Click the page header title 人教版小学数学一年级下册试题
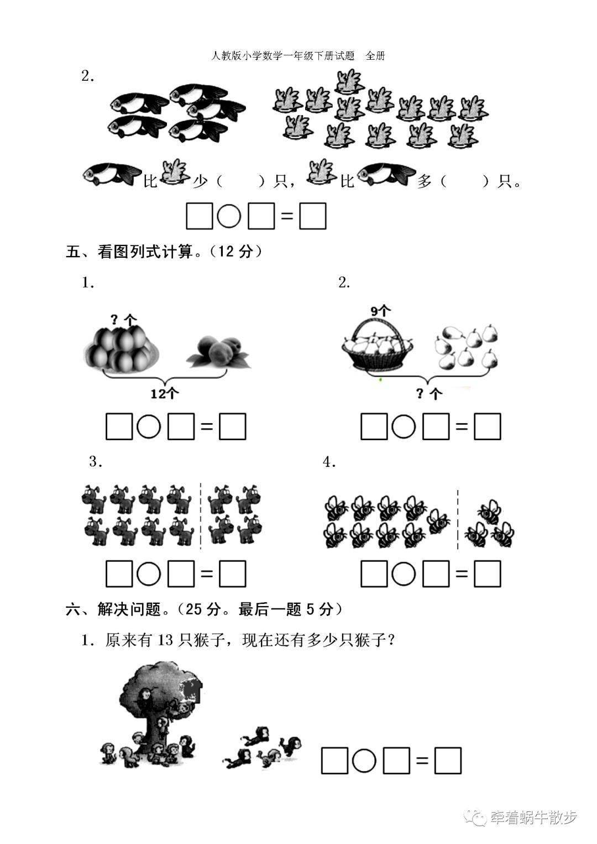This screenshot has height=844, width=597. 282,56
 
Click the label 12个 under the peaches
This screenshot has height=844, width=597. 165,393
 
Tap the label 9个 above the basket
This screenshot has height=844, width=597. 380,311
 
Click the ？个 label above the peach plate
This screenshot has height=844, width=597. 123,319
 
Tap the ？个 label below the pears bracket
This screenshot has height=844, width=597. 429,393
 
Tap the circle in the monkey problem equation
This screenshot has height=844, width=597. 364,761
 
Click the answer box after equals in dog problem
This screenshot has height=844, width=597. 232,575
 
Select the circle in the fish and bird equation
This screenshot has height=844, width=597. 229,216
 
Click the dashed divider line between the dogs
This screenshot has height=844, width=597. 200,516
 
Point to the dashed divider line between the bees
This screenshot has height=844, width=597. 457,519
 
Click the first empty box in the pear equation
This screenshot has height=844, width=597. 374,427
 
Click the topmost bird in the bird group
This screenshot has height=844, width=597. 348,80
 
